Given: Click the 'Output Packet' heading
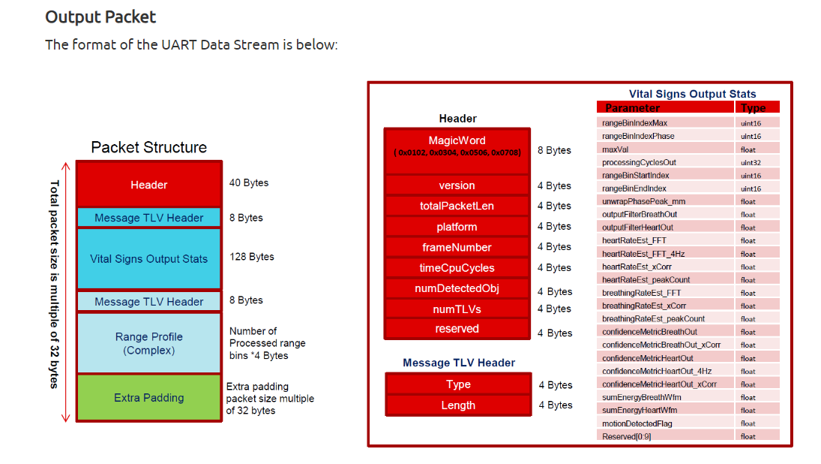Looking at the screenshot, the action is click(100, 17).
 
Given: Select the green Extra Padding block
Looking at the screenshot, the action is click(149, 397).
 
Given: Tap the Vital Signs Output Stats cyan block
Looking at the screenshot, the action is click(149, 258).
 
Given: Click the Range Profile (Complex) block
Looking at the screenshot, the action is click(149, 343).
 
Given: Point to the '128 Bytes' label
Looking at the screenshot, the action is click(252, 256).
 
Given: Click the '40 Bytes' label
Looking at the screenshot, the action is click(249, 182).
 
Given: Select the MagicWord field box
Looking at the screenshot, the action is click(457, 150).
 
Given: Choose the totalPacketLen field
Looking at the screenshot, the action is click(457, 206).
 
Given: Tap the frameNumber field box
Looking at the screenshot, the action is click(457, 247).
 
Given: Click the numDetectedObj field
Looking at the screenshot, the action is click(457, 288).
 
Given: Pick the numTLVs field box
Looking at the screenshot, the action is click(457, 309).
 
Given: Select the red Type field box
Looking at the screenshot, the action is click(458, 384).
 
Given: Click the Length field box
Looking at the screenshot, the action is click(458, 405).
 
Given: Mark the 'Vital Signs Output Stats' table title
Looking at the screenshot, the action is click(692, 94).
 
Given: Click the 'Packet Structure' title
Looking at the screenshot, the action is click(148, 147).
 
